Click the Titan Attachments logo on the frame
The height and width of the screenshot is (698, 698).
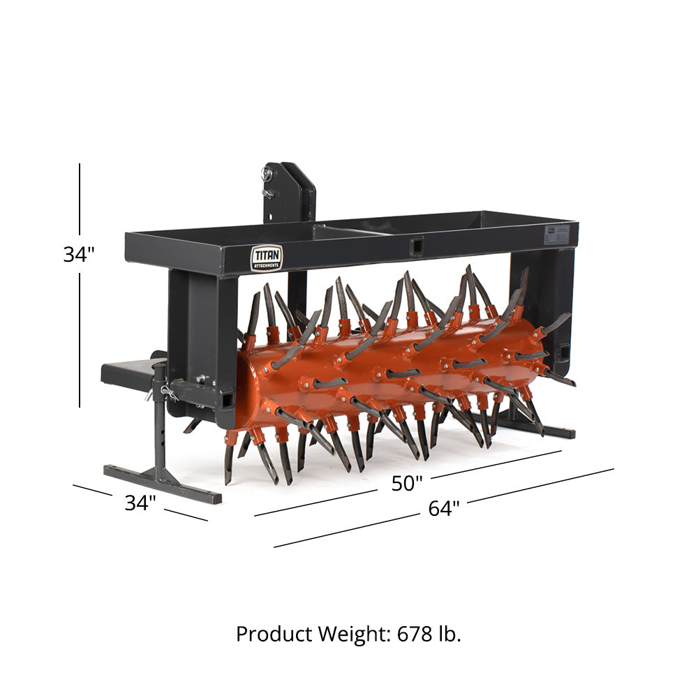pyautogui.click(x=267, y=258)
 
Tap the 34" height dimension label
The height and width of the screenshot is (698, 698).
pyautogui.click(x=79, y=255)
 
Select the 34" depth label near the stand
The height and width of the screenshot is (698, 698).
pyautogui.click(x=140, y=503)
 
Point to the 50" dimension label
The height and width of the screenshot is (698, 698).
pyautogui.click(x=407, y=483)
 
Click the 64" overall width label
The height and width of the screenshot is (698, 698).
pyautogui.click(x=444, y=509)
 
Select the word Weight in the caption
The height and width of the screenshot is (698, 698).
pyautogui.click(x=354, y=634)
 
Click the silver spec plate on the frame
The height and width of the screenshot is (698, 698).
pyautogui.click(x=555, y=232)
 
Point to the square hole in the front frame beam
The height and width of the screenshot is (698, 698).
pyautogui.click(x=416, y=246)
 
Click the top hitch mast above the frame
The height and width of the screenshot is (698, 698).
pyautogui.click(x=288, y=192)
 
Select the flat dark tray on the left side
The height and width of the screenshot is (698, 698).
pyautogui.click(x=129, y=371)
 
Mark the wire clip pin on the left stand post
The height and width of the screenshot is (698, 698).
pyautogui.click(x=168, y=392)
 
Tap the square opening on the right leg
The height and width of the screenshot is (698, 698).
pyautogui.click(x=563, y=350)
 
